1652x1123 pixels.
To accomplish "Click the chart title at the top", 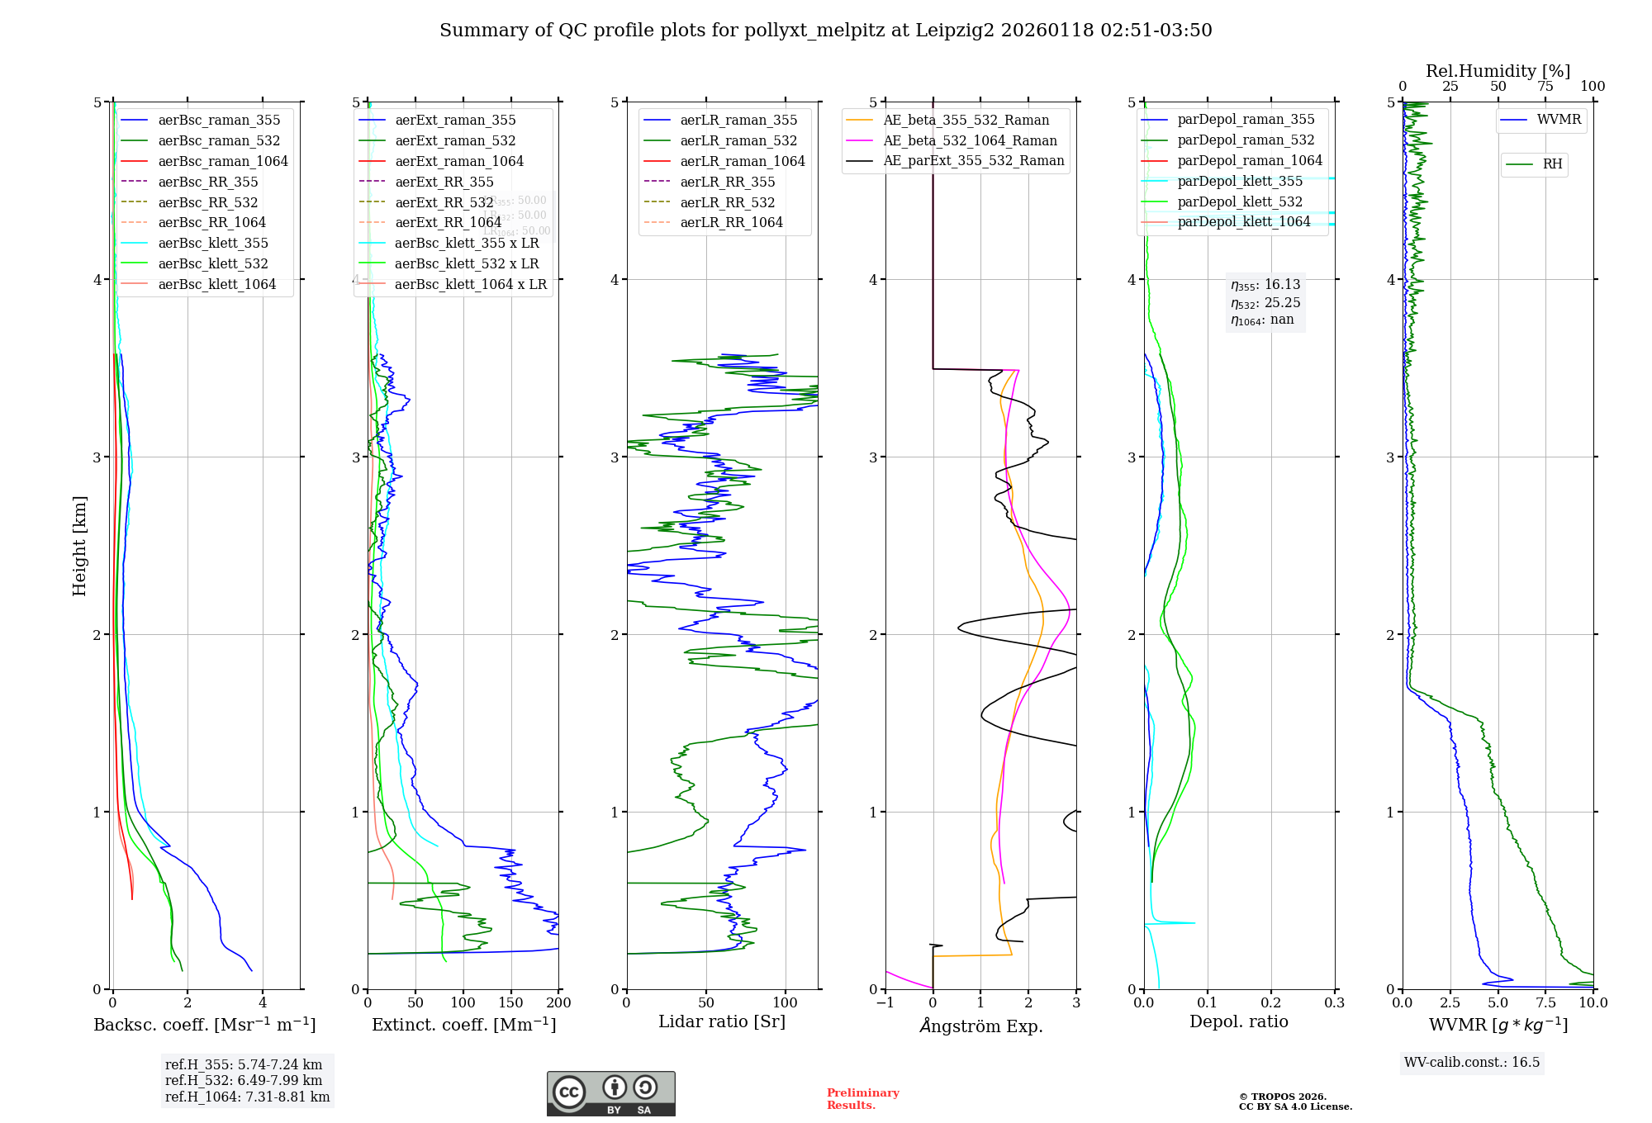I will tap(825, 31).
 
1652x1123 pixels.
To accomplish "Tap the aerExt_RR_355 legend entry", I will tap(444, 182).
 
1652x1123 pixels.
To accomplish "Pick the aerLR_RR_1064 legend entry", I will tap(731, 222).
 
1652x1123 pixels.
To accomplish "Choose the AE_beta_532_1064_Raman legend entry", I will tap(970, 140).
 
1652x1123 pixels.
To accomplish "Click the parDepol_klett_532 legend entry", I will tap(1239, 201).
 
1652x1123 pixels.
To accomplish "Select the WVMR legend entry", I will tap(1559, 120).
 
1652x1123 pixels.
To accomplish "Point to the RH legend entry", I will tap(1552, 164).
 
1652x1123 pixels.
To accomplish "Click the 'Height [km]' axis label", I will tap(79, 545).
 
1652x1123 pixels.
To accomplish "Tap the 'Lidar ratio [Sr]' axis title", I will tap(721, 1021).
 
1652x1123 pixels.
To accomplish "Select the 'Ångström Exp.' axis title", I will tap(980, 1026).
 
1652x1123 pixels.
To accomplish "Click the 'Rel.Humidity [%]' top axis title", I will tap(1498, 71).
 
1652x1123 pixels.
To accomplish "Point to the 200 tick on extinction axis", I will tap(559, 1002).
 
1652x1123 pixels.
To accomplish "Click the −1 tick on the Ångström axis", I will tap(885, 1002).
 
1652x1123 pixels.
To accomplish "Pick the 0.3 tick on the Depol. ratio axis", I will tap(1334, 1002).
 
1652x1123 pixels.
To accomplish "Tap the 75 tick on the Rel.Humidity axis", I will tap(1545, 87).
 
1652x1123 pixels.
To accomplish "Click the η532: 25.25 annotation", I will tap(1265, 303).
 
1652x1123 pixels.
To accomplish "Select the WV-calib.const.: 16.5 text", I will tap(1471, 1062).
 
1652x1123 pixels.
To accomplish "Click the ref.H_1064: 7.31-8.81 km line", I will tap(247, 1097).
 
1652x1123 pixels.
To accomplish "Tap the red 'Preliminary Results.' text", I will tap(862, 1099).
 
